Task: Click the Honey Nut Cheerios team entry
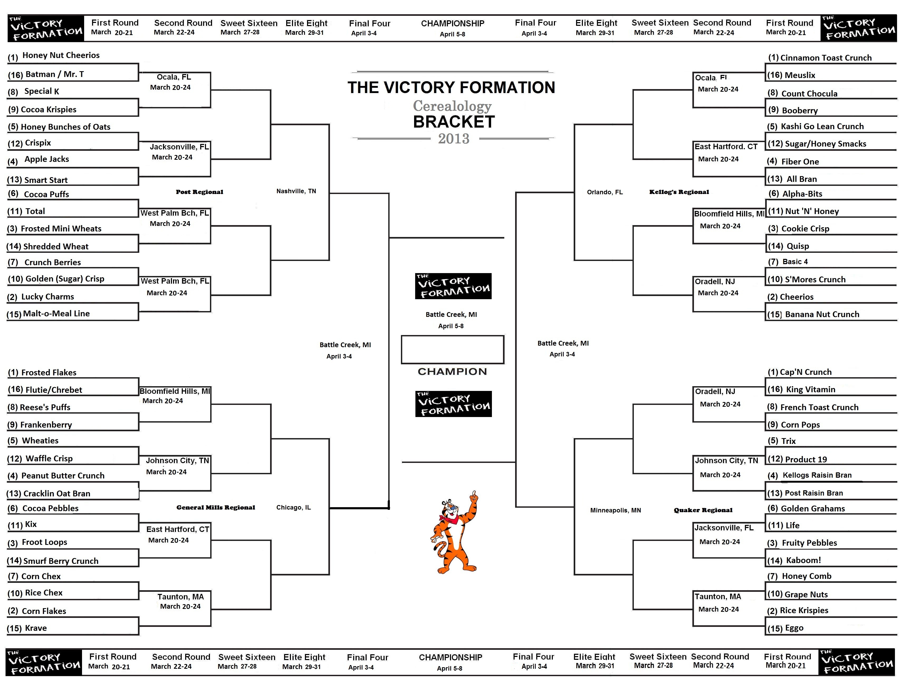pyautogui.click(x=53, y=56)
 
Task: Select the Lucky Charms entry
pyautogui.click(x=41, y=297)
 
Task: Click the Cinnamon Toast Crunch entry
pyautogui.click(x=819, y=58)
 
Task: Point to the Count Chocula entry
pyautogui.click(x=802, y=94)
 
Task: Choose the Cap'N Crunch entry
pyautogui.click(x=799, y=372)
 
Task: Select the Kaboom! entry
pyautogui.click(x=794, y=560)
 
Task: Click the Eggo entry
pyautogui.click(x=785, y=628)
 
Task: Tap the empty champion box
pyautogui.click(x=453, y=350)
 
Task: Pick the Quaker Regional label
pyautogui.click(x=703, y=510)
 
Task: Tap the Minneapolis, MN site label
pyautogui.click(x=615, y=510)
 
